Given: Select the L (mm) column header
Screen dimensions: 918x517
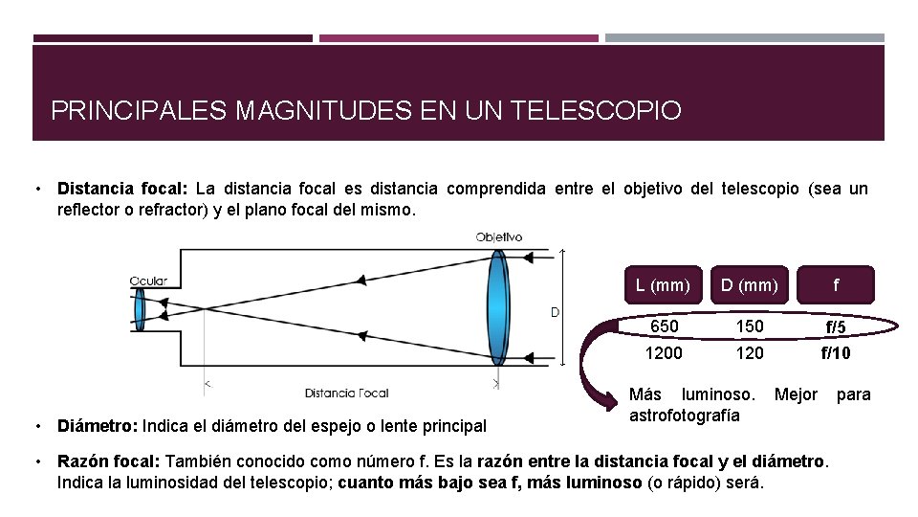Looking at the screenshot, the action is (662, 284).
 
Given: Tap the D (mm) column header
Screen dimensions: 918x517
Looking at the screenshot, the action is (750, 284).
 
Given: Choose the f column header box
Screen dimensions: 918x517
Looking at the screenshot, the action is (837, 284).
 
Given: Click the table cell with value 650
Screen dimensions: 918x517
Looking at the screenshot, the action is (664, 326).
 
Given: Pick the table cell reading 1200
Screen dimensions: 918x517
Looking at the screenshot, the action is (664, 353).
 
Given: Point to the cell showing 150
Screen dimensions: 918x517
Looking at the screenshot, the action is (750, 326).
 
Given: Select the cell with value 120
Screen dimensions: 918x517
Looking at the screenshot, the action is (750, 353).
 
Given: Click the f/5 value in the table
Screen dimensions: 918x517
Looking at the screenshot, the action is (837, 327).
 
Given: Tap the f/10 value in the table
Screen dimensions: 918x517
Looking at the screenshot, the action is (837, 353).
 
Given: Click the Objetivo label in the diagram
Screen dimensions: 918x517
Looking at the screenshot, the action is (499, 236).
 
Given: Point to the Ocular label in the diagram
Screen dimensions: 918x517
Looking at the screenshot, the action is (149, 281).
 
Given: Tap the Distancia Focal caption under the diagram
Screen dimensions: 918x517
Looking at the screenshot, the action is (345, 393).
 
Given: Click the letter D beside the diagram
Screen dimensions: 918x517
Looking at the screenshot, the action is (554, 312).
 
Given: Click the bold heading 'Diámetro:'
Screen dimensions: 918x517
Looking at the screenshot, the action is (98, 425).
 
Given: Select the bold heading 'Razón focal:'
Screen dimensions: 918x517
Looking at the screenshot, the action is (109, 461).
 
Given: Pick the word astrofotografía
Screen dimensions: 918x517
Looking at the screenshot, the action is (684, 415).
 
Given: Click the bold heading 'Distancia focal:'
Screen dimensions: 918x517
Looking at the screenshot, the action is (122, 189).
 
